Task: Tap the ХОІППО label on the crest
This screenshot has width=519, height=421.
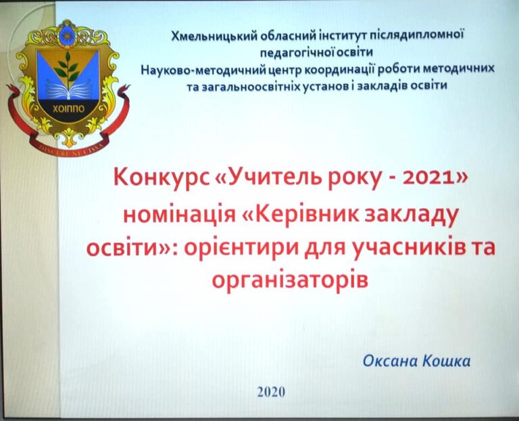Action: coord(68,109)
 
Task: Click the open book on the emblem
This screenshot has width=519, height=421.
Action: coord(68,89)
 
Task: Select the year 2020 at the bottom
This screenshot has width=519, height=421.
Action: coord(271,392)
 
